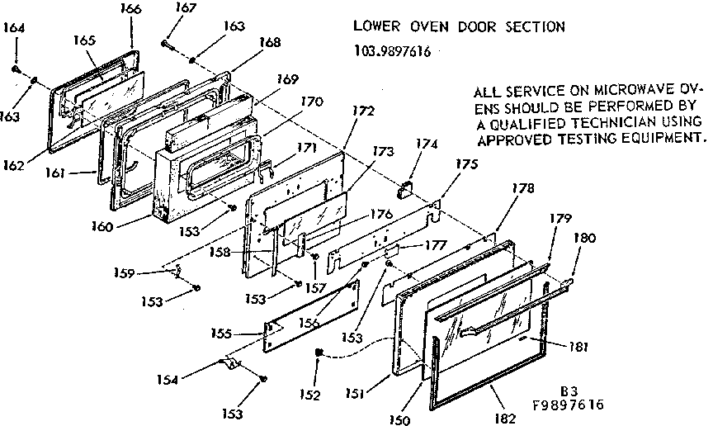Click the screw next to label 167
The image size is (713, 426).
tap(166, 43)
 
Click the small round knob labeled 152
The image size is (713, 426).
tap(319, 353)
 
